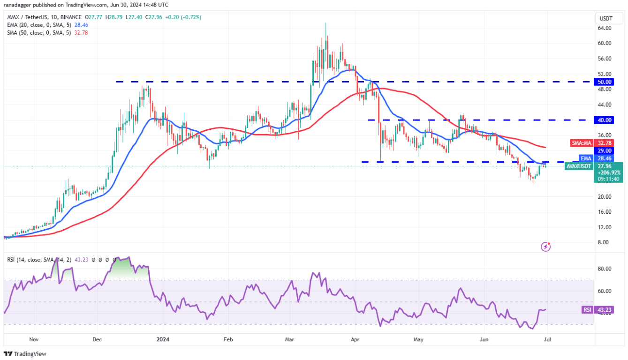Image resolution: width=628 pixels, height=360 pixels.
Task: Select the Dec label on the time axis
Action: (x=97, y=338)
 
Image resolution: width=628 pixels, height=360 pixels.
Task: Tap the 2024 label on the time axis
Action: (x=163, y=338)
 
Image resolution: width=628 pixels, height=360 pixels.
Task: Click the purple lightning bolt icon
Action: (x=545, y=246)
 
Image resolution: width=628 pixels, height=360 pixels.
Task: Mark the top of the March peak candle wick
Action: (x=325, y=22)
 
